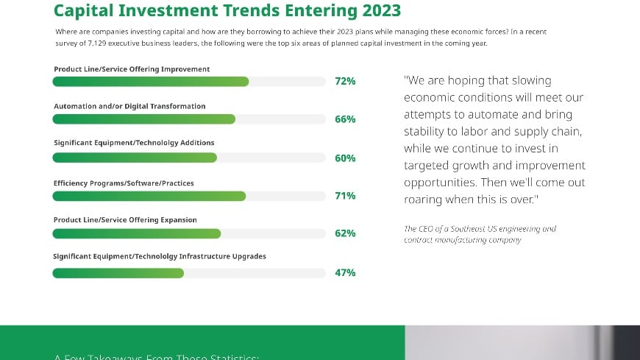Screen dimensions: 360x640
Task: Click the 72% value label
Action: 345,81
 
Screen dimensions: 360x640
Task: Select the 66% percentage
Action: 345,119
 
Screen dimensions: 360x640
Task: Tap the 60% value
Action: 345,158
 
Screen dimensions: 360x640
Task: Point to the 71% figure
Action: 345,196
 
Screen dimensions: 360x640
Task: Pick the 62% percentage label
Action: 345,233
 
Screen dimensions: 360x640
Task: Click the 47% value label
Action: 345,273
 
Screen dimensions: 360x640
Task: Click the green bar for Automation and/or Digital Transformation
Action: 143,119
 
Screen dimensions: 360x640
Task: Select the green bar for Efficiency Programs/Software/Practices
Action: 149,196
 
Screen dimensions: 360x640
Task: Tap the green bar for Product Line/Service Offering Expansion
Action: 136,233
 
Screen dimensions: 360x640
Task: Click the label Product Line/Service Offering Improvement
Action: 132,69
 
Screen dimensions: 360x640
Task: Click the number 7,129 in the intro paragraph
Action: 110,44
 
